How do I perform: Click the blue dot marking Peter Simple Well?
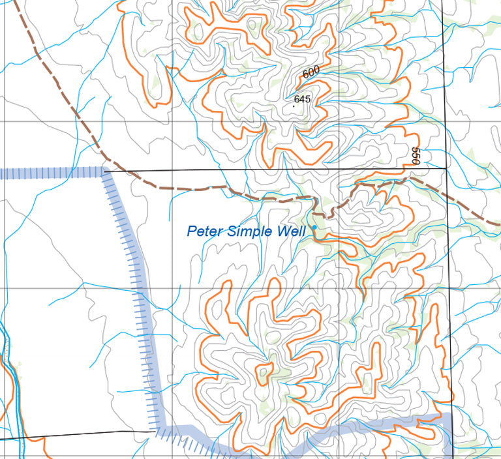click(314, 227)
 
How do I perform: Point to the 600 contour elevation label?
click(312, 72)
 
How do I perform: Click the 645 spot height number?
click(302, 99)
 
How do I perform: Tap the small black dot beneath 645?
click(302, 106)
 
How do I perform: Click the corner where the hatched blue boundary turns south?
click(104, 172)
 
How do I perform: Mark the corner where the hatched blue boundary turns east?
click(158, 430)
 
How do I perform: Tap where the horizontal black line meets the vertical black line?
click(446, 168)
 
